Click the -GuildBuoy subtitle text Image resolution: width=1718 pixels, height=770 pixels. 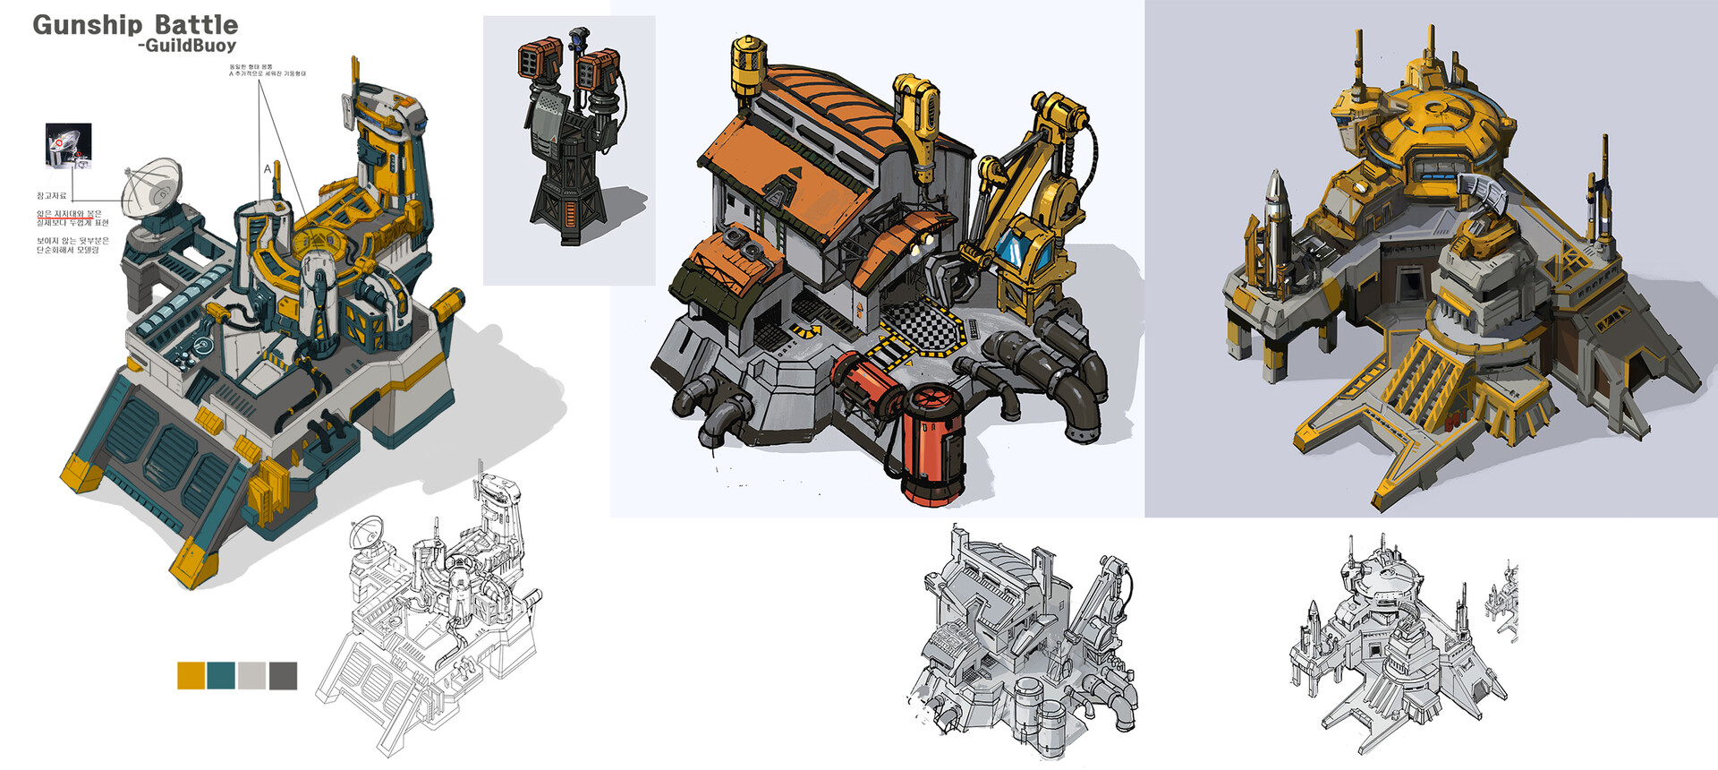pyautogui.click(x=187, y=46)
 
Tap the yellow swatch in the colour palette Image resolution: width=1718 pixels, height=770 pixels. pyautogui.click(x=191, y=675)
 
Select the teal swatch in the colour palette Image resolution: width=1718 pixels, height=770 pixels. pyautogui.click(x=221, y=675)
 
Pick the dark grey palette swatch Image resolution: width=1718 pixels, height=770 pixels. pyautogui.click(x=283, y=675)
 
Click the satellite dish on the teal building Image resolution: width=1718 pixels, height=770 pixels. pyautogui.click(x=152, y=185)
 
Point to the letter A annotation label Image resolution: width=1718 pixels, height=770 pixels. pyautogui.click(x=267, y=168)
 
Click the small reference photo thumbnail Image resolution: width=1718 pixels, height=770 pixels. pyautogui.click(x=68, y=144)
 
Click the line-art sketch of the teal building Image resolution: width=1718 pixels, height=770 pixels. pyautogui.click(x=429, y=618)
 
